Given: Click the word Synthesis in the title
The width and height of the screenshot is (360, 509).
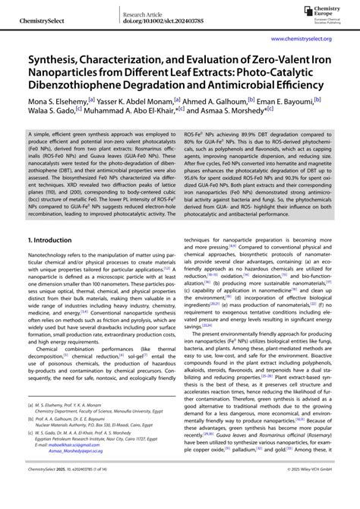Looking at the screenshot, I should [x=56, y=58].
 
